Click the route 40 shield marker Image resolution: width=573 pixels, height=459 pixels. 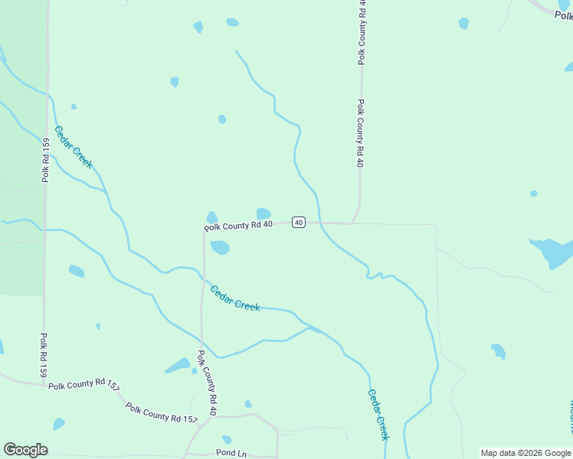click(x=299, y=223)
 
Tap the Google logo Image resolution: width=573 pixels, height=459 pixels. click(x=25, y=449)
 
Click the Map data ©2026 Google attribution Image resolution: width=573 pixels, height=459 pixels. click(x=526, y=453)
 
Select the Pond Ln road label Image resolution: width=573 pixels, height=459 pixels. click(x=231, y=454)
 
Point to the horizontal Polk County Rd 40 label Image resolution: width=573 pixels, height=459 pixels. click(x=238, y=225)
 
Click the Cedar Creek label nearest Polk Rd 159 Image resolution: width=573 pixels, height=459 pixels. click(x=74, y=147)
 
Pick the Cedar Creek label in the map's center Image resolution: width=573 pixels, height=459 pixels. click(x=235, y=298)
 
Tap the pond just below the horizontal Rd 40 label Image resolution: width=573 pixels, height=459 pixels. click(x=220, y=247)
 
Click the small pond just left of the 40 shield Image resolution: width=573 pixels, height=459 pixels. click(x=264, y=213)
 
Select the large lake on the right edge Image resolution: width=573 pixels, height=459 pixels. click(x=553, y=252)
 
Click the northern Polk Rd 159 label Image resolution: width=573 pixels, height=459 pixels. click(x=46, y=159)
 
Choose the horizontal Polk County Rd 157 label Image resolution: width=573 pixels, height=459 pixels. click(x=83, y=385)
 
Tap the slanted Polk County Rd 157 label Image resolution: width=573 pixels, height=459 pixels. click(x=162, y=413)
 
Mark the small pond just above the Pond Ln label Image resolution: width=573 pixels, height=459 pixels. click(x=227, y=440)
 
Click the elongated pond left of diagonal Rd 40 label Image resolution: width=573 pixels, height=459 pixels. click(x=178, y=366)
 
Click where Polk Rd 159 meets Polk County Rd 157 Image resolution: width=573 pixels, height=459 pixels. click(x=44, y=384)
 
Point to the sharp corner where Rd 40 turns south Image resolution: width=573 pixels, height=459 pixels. click(x=204, y=229)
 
